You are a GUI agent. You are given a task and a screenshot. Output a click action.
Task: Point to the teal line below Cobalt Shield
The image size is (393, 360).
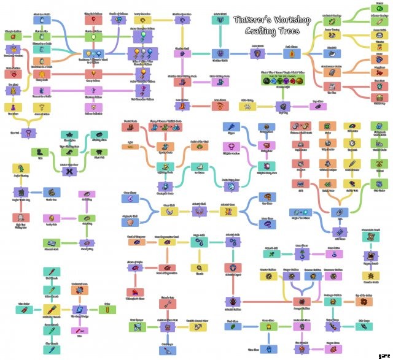221,37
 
